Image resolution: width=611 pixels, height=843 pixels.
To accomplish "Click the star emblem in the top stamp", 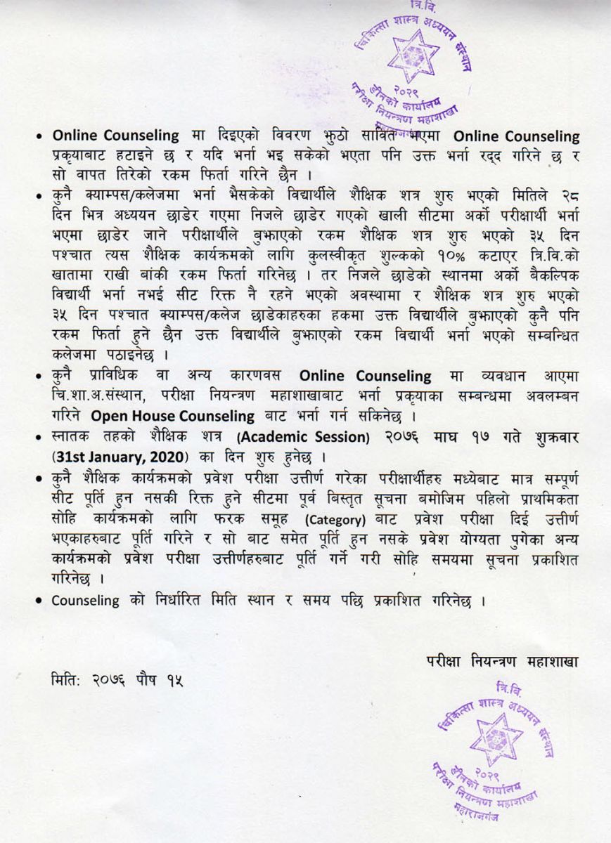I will [413, 55].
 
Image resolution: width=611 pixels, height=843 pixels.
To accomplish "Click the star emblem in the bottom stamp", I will [496, 738].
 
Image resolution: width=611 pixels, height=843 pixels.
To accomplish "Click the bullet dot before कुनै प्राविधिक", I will [42, 377].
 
